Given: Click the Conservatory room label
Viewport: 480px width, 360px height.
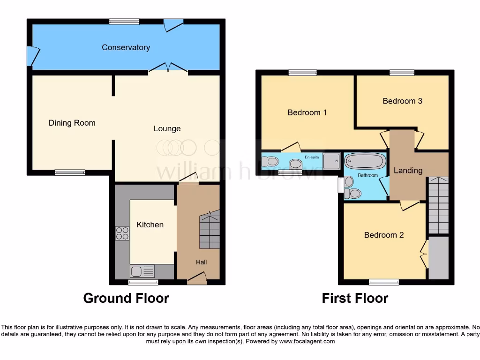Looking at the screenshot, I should point(126,47).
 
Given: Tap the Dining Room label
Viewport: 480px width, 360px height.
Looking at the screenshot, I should point(72,123).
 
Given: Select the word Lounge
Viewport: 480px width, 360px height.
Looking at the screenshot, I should point(167,128).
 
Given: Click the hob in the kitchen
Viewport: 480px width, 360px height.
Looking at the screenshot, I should point(122,233).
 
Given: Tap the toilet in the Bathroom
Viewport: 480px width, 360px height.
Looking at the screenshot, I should point(353,193).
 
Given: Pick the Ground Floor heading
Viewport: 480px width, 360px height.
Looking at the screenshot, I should point(126,298).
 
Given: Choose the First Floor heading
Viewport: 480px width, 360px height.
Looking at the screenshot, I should point(355,298).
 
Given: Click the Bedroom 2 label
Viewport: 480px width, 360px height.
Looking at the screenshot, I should point(383,235).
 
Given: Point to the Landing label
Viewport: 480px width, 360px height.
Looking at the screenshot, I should point(407,170).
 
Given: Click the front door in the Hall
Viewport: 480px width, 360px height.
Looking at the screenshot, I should point(197,280).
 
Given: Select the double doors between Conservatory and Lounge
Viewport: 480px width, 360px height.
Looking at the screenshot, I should point(169,69).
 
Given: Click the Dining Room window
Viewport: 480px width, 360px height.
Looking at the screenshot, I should point(70,172).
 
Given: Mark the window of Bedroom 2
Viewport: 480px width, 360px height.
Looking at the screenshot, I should point(383,282).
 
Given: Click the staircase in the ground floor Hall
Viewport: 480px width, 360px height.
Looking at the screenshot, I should point(210,230).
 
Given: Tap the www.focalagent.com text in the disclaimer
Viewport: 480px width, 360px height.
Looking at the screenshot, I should point(307,342).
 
